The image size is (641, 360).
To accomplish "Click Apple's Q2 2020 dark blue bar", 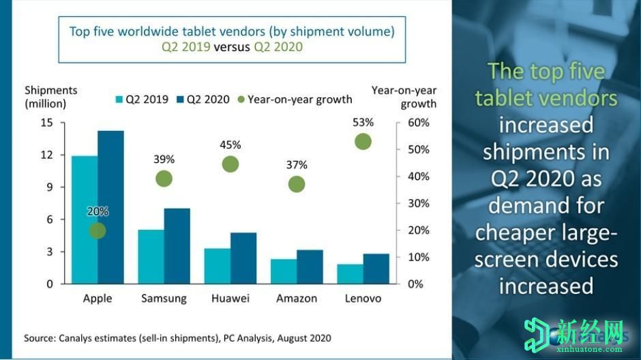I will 110,207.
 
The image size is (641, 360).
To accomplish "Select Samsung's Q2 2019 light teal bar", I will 151,256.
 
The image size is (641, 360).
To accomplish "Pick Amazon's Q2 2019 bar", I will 283,271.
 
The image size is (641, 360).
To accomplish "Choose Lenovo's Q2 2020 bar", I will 376,269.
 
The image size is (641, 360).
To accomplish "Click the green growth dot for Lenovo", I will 363,142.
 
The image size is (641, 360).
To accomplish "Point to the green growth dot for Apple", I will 98,231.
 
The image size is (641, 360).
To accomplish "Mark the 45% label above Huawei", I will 230,145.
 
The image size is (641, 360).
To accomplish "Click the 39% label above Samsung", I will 164,160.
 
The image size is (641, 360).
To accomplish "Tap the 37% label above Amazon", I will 297,165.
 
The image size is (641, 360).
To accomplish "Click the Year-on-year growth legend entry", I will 294,100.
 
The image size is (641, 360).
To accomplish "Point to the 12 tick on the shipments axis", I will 47,155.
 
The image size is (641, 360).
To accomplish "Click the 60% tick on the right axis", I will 419,123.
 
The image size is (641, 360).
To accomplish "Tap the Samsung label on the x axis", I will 164,299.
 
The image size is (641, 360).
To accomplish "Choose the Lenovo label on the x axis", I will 363,299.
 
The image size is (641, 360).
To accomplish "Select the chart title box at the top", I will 232,39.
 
